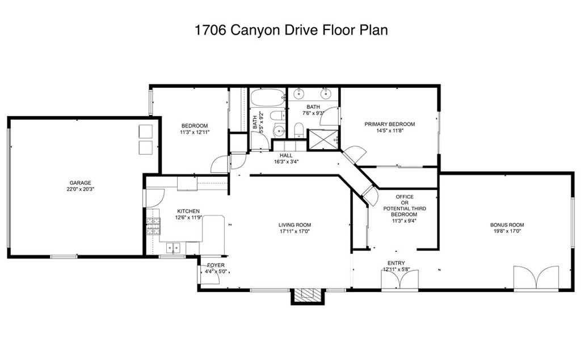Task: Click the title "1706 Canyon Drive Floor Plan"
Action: [x=290, y=30]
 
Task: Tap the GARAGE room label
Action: [x=81, y=183]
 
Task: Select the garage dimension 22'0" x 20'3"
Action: [x=81, y=189]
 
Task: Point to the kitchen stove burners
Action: [x=152, y=227]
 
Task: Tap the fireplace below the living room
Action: [x=307, y=294]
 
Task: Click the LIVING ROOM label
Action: [x=295, y=225]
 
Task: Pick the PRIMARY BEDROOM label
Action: [x=389, y=124]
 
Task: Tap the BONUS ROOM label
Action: [x=507, y=225]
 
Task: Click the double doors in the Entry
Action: [x=399, y=280]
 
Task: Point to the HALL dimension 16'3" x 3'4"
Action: [x=286, y=162]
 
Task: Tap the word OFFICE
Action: [x=404, y=197]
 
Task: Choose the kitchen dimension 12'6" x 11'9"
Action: [x=188, y=218]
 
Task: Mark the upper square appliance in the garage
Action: [x=146, y=131]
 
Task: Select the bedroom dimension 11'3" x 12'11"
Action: [x=195, y=133]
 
